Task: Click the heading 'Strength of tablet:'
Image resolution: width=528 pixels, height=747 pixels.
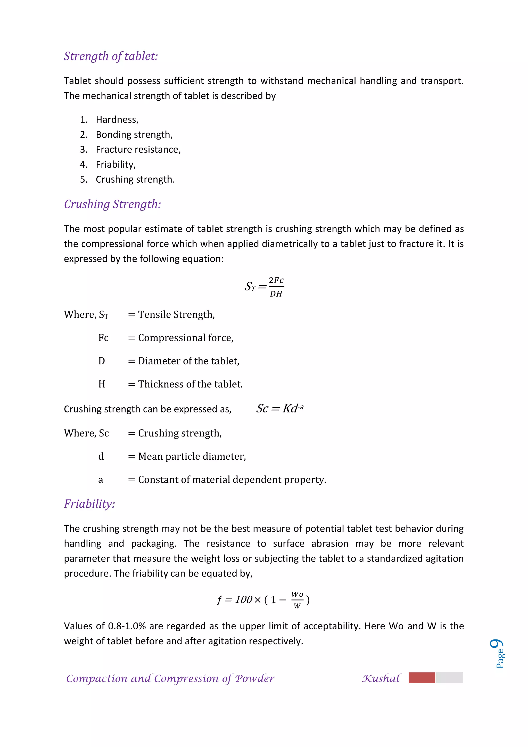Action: (111, 56)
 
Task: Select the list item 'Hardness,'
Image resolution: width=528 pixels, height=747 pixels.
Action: (117, 120)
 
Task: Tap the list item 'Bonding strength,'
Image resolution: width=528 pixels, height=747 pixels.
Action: (134, 135)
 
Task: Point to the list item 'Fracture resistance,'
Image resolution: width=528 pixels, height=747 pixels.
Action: (138, 150)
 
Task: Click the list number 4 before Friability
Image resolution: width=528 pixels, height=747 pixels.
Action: (84, 165)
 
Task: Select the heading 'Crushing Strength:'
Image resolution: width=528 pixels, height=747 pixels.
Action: (112, 204)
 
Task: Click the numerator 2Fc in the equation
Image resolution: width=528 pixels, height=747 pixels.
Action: (276, 280)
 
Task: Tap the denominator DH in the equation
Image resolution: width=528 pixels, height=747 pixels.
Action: (276, 294)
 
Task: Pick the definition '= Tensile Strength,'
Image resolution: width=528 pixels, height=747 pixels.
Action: (171, 315)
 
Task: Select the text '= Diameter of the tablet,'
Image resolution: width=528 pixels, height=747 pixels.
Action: (184, 361)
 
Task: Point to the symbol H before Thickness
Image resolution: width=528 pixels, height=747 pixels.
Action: (102, 384)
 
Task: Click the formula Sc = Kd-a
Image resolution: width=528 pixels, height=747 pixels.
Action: (280, 408)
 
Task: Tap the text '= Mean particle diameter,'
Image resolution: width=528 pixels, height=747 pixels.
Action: (187, 457)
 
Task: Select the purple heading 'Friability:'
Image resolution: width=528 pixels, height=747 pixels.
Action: (89, 504)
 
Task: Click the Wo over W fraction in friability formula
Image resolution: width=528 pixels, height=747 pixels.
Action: (297, 600)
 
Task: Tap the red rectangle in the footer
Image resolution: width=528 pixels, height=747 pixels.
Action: (422, 678)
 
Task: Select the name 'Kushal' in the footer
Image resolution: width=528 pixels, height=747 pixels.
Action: (381, 678)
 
